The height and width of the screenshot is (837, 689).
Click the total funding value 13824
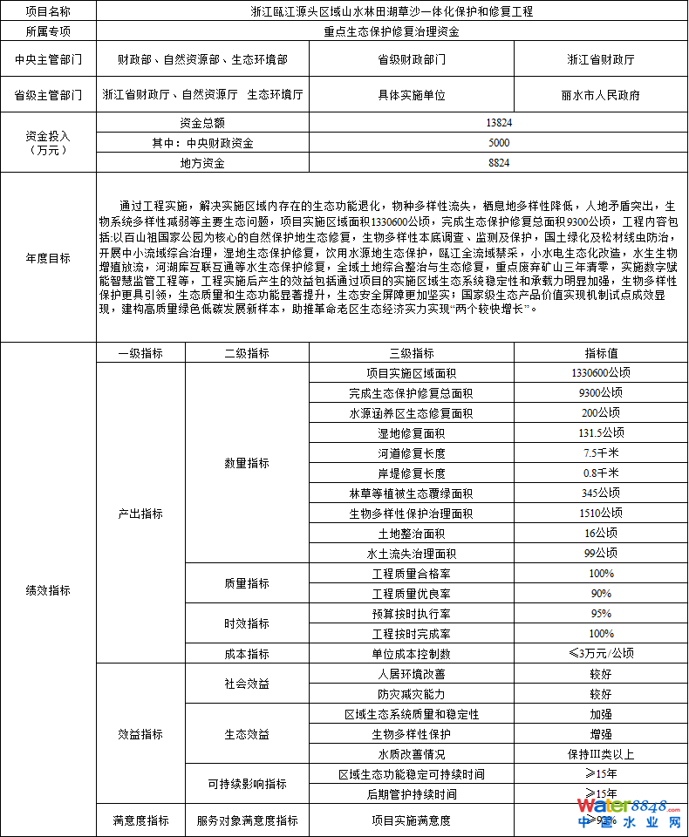coord(500,123)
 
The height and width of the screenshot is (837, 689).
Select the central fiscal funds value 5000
coord(500,143)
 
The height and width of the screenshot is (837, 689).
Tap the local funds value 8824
coord(500,163)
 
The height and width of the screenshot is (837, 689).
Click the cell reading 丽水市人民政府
coord(600,95)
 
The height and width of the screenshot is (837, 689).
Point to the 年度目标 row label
coord(48,258)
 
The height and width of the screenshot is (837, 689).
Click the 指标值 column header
coord(601,353)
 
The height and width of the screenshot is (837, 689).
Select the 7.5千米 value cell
coord(601,453)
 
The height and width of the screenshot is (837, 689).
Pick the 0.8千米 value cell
coord(601,473)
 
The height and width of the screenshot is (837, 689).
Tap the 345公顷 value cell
coord(601,493)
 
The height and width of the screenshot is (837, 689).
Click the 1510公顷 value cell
coord(601,514)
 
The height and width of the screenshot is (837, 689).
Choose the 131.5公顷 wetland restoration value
coord(601,433)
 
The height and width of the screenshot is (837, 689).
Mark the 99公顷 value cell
coord(601,554)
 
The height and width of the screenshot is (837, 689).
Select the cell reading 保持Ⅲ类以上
coord(601,754)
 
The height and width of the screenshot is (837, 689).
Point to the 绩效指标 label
coord(48,590)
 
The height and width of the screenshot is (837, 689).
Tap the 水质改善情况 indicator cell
coord(411,754)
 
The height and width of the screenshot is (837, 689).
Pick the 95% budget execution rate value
coord(601,614)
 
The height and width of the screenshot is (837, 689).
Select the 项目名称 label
coord(48,12)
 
